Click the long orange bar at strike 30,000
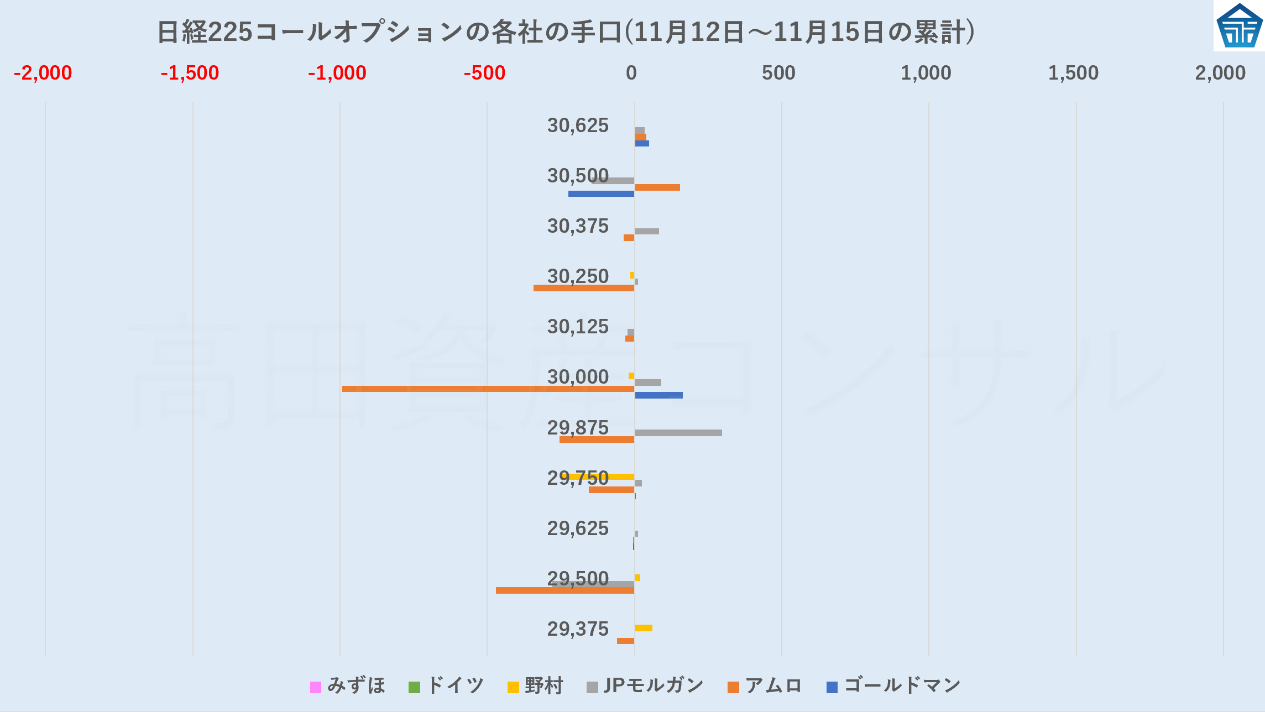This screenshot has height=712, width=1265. tap(487, 389)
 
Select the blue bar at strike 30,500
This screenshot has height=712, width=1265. tap(601, 193)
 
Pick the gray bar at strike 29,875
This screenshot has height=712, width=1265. tap(678, 433)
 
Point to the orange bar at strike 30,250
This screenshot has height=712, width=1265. tap(583, 288)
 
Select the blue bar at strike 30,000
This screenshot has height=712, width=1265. tap(658, 395)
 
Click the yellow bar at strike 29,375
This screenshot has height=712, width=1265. tap(644, 628)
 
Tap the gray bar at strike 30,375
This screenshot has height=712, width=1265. tap(647, 231)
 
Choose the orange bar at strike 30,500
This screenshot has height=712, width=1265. tap(657, 187)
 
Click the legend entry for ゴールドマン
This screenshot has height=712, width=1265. tap(893, 686)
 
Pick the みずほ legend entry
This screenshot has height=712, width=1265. tap(348, 686)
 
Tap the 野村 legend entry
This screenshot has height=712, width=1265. tap(535, 686)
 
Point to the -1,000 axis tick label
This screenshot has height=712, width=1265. tap(337, 73)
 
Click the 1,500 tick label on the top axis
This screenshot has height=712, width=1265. tap(1073, 73)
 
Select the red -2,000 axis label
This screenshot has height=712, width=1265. tap(43, 73)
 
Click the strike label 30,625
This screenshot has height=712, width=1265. tap(578, 125)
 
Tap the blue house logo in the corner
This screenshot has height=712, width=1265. tap(1239, 25)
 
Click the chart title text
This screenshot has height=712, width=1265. tap(566, 32)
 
